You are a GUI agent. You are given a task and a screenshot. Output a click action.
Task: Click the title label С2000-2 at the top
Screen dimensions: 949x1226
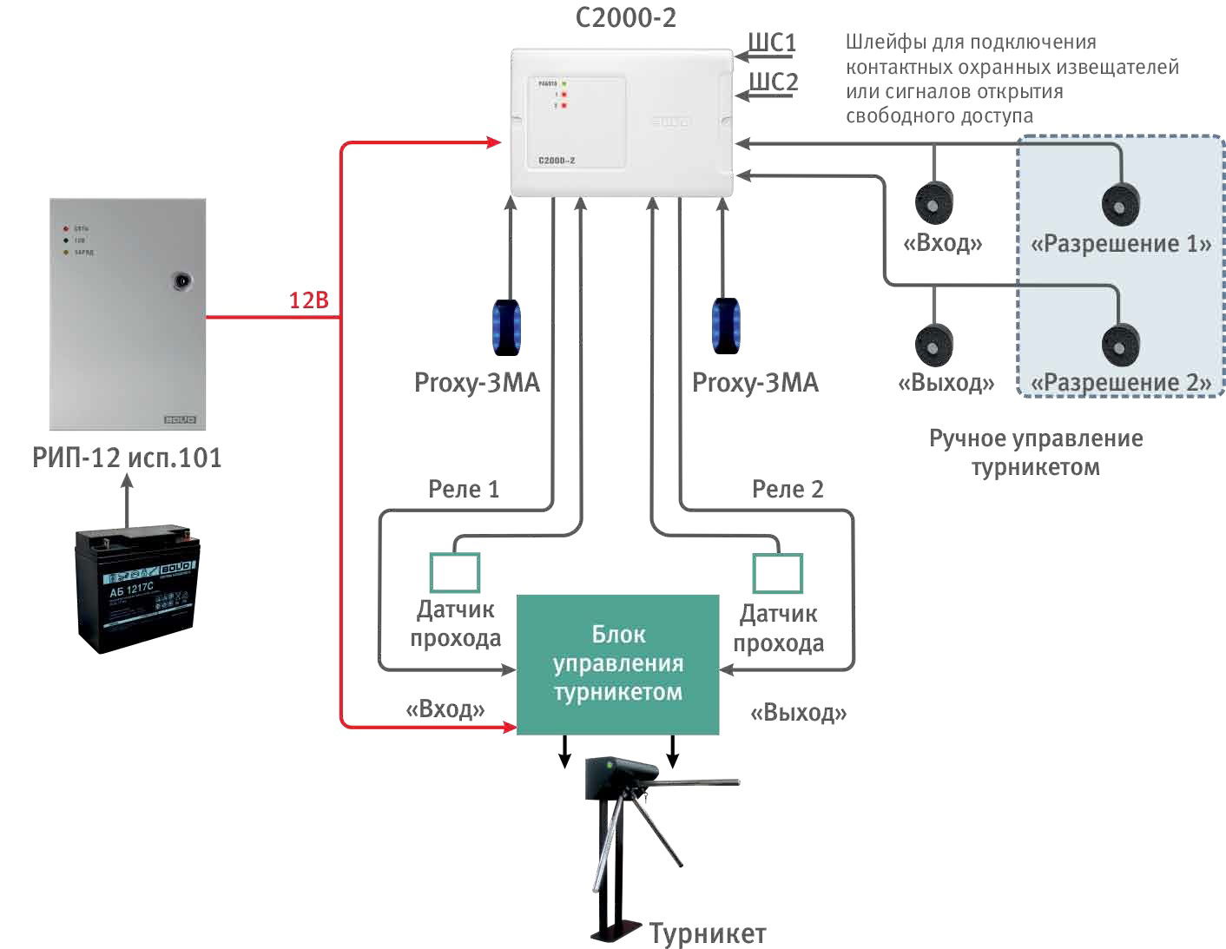click(x=625, y=17)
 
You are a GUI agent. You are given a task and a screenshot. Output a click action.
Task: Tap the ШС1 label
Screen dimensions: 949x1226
click(x=772, y=43)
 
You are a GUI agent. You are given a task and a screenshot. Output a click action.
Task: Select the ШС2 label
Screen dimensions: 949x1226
click(x=773, y=82)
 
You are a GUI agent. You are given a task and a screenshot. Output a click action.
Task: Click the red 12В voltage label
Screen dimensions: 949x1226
click(x=309, y=300)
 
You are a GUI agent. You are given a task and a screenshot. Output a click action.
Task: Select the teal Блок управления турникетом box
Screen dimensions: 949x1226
click(x=617, y=664)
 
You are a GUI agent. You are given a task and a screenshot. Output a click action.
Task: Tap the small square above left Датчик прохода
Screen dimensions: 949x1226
click(x=455, y=573)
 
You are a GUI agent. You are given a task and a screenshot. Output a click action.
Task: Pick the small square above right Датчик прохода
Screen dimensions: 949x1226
click(x=777, y=573)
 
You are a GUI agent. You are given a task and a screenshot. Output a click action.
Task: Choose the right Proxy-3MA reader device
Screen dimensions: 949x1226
click(x=725, y=326)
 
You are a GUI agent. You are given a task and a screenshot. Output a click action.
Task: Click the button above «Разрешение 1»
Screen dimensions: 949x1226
click(x=1120, y=205)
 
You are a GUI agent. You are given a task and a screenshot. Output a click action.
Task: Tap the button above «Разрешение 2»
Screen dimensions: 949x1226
click(x=1120, y=345)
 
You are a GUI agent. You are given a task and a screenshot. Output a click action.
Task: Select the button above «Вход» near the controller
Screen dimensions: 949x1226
click(x=934, y=203)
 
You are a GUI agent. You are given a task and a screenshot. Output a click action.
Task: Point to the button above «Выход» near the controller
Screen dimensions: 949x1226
click(x=934, y=345)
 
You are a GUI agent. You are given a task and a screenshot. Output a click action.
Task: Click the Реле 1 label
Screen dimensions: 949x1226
click(x=464, y=490)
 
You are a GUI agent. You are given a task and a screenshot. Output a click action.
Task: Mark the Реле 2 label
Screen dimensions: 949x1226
click(x=788, y=490)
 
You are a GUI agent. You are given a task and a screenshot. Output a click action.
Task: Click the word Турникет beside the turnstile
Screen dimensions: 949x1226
click(x=708, y=933)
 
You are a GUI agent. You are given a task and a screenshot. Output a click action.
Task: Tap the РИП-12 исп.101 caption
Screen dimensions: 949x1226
click(x=127, y=458)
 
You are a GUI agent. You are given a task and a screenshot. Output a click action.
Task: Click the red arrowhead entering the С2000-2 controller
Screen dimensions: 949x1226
click(x=495, y=142)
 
